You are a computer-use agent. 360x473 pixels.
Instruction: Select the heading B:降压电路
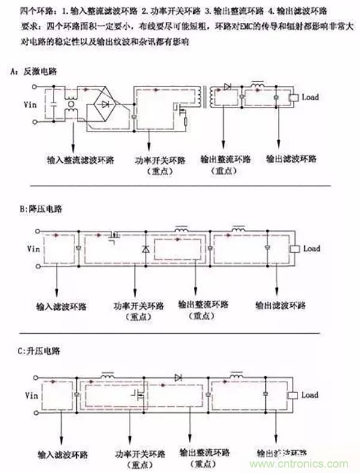tap(39, 209)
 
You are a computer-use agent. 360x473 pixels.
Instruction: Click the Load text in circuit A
tap(311, 97)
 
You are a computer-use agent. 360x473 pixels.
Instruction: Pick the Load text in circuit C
tap(310, 395)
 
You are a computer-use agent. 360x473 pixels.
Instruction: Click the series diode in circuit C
tap(178, 377)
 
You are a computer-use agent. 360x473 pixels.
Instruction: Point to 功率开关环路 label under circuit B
tap(137, 306)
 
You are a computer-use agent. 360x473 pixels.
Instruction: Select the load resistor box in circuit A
tap(294, 98)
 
